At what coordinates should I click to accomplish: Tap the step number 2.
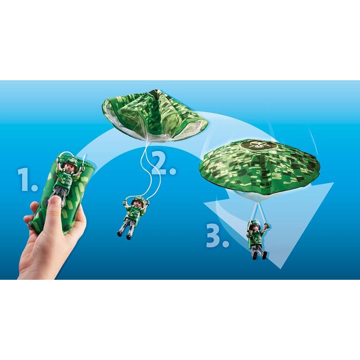pos(163,164)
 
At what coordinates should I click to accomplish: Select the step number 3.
pos(217,236)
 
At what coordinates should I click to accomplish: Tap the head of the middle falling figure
pos(137,201)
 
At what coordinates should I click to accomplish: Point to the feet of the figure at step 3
pos(259,256)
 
